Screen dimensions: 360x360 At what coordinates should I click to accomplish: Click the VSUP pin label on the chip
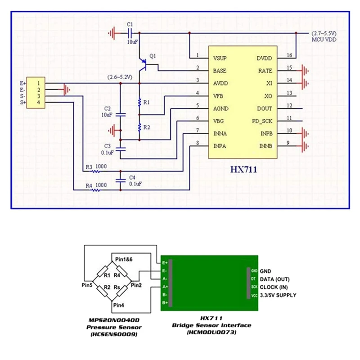point(219,58)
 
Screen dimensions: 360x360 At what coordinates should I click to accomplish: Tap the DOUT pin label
point(264,109)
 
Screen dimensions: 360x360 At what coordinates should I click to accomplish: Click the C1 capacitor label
point(130,23)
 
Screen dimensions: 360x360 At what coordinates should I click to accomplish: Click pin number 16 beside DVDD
point(289,55)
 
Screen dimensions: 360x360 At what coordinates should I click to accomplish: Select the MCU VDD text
point(324,40)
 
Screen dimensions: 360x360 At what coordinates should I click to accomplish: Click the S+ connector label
point(23,103)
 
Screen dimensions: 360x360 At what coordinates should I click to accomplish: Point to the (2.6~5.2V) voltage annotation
point(120,77)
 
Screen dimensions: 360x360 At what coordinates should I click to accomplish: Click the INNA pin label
point(220,134)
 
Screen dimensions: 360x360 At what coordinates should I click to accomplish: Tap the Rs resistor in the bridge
point(117,287)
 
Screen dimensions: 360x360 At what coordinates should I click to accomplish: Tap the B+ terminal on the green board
point(165,303)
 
